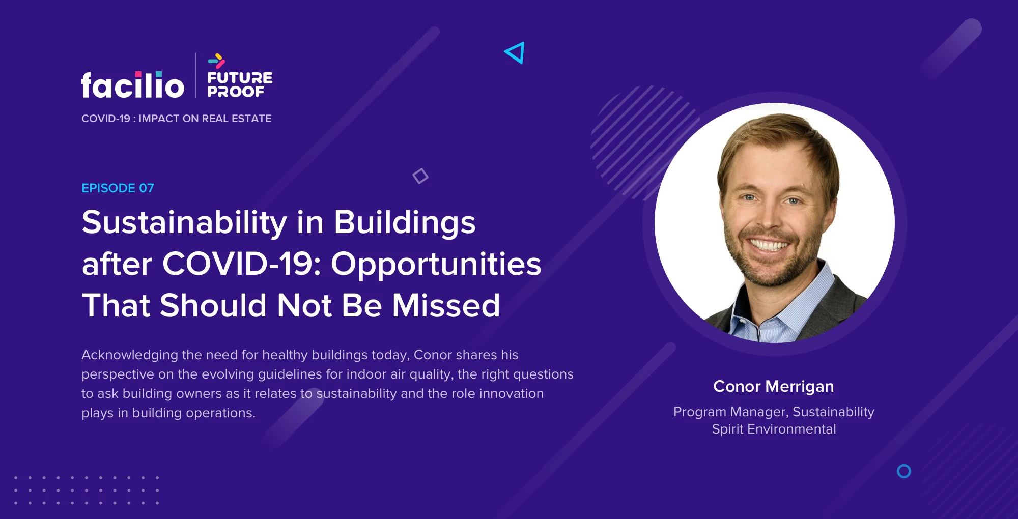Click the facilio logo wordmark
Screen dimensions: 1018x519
(x=132, y=85)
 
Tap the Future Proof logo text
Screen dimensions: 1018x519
(x=240, y=84)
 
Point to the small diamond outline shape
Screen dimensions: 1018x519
(x=420, y=176)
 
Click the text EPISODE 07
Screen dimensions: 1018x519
(x=118, y=188)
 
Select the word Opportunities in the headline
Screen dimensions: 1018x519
(x=436, y=265)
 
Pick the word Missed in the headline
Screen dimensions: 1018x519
(x=446, y=305)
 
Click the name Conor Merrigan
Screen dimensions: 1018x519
(x=774, y=387)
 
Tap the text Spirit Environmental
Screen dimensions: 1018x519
(x=774, y=429)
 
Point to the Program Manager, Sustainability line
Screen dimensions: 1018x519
(x=774, y=412)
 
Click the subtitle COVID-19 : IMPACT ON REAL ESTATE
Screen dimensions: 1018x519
(x=177, y=119)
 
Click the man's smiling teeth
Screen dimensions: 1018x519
(x=769, y=246)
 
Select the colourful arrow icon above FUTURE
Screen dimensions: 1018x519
(x=216, y=61)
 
